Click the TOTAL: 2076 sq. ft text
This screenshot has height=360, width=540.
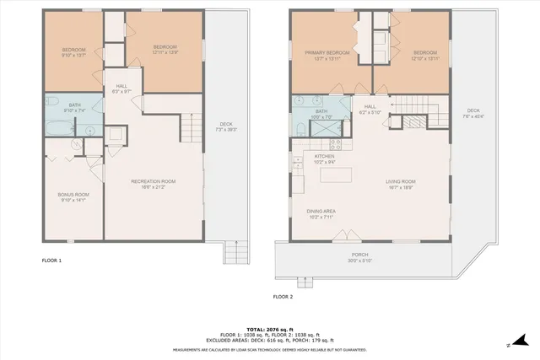click(270, 329)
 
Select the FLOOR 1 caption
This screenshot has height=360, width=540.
click(51, 261)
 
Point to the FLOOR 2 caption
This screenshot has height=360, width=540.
click(283, 297)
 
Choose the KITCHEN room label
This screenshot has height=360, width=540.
click(326, 156)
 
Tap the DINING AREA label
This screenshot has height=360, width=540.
click(322, 212)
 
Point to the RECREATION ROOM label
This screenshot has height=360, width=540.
click(153, 181)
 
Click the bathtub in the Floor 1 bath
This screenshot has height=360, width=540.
click(58, 129)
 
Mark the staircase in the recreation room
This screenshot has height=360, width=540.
click(193, 128)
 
